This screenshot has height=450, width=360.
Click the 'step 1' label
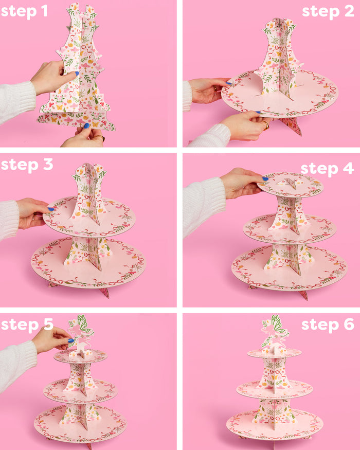pos(24,11)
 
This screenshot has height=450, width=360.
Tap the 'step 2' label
pos(328,11)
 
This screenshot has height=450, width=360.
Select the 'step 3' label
pos(27,165)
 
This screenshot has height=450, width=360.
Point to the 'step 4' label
pos(327,168)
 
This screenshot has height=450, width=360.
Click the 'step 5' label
pos(27,325)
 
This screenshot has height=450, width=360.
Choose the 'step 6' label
pos(328,325)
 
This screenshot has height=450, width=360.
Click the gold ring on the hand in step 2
pos(266,124)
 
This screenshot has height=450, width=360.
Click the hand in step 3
pos(32,211)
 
